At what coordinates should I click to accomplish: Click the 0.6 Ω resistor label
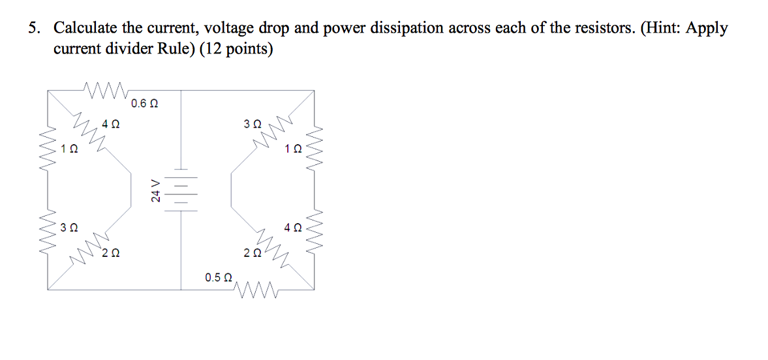pyautogui.click(x=144, y=103)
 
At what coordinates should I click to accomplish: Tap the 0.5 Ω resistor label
pyautogui.click(x=218, y=278)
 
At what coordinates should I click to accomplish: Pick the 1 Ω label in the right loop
pyautogui.click(x=293, y=149)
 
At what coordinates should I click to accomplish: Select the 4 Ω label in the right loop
pyautogui.click(x=293, y=228)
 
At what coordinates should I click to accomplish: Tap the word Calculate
pyautogui.click(x=85, y=28)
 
